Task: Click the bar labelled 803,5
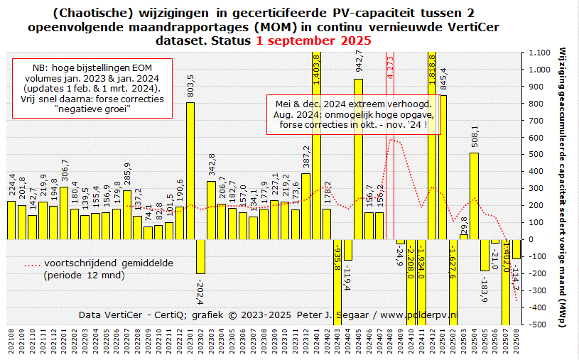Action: point(190,170)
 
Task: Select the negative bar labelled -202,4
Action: point(200,256)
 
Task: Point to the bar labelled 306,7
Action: point(64,212)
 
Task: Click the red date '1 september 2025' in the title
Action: point(314,40)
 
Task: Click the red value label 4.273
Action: point(390,66)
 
